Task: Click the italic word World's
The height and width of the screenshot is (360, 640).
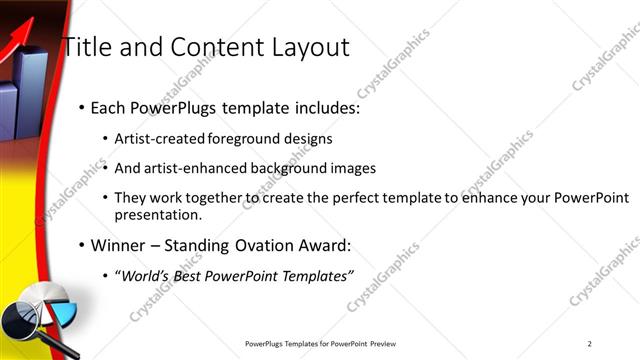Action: (146, 275)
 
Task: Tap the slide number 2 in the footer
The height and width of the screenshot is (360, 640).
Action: (590, 344)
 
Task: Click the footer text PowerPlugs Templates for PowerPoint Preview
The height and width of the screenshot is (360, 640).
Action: (326, 344)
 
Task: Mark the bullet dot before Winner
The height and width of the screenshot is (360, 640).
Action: (81, 246)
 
